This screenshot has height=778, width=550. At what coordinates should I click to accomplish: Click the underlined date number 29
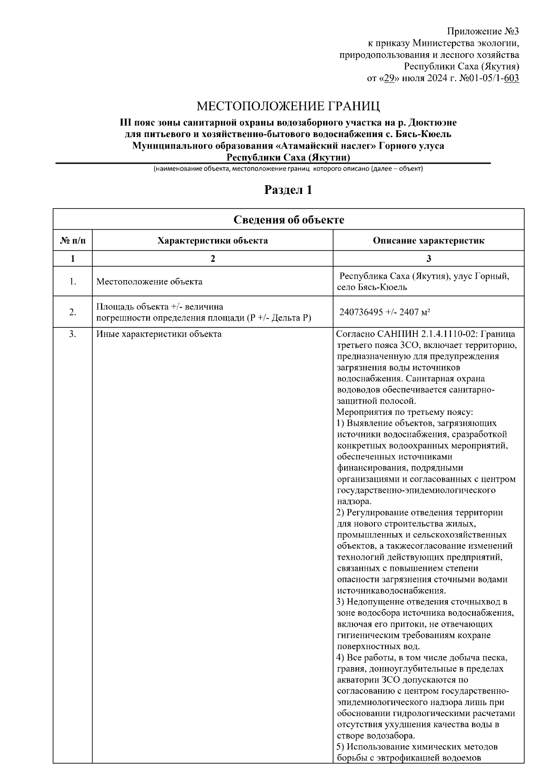click(x=389, y=78)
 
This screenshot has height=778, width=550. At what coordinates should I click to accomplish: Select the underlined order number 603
click(x=511, y=78)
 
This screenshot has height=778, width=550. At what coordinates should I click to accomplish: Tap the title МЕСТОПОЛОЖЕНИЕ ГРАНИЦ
click(x=288, y=107)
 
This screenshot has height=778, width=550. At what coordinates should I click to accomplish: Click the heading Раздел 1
click(x=288, y=190)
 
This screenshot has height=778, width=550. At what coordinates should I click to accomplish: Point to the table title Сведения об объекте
click(x=288, y=220)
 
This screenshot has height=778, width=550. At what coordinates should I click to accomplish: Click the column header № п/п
click(x=72, y=241)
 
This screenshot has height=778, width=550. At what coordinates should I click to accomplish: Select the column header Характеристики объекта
click(x=213, y=241)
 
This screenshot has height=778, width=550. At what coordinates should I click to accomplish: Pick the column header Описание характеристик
click(x=428, y=241)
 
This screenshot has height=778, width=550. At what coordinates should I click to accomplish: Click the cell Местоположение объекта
click(x=149, y=281)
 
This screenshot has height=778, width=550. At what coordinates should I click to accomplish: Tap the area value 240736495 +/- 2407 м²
click(x=384, y=312)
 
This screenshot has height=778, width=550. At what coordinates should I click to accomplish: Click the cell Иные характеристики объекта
click(x=159, y=334)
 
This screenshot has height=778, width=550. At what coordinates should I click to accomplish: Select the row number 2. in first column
click(x=72, y=312)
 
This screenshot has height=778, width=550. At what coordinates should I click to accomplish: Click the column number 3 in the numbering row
click(x=428, y=259)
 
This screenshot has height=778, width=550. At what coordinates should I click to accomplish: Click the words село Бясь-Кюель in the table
click(x=372, y=287)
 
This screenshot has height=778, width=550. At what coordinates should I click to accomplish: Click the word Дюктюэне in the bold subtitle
click(x=432, y=123)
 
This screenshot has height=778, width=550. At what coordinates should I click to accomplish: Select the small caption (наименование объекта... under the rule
click(x=288, y=169)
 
